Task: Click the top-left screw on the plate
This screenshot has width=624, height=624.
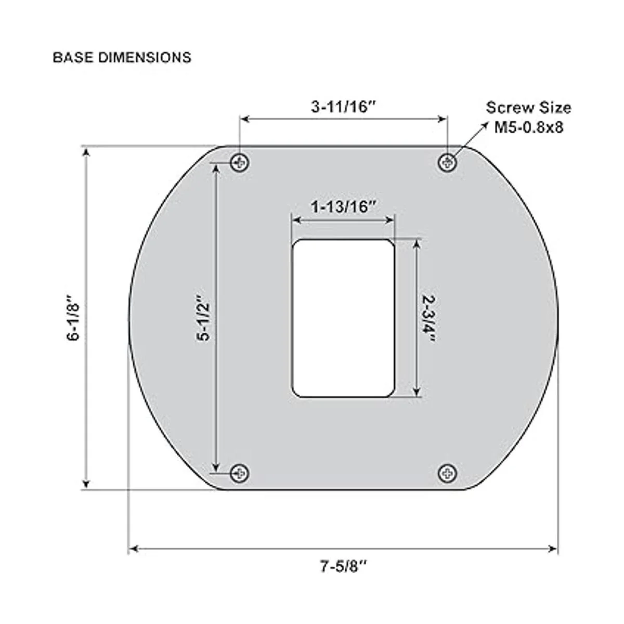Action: tap(240, 163)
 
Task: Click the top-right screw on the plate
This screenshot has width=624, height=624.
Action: tap(447, 163)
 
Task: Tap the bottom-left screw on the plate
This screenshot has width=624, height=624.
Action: tap(240, 473)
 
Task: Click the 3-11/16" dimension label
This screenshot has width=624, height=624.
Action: tap(343, 107)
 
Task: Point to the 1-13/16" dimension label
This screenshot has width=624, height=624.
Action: tap(343, 206)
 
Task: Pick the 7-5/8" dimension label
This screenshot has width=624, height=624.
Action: tap(343, 566)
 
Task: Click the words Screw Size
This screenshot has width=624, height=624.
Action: tap(528, 108)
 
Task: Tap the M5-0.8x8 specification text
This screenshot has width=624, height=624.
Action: tap(528, 127)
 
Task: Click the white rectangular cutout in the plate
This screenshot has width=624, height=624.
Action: tap(343, 318)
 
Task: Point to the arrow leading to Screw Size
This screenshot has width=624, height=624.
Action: tap(471, 139)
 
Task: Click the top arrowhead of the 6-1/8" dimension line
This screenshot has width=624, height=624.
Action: tap(87, 151)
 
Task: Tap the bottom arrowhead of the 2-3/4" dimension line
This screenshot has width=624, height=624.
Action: tap(417, 393)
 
